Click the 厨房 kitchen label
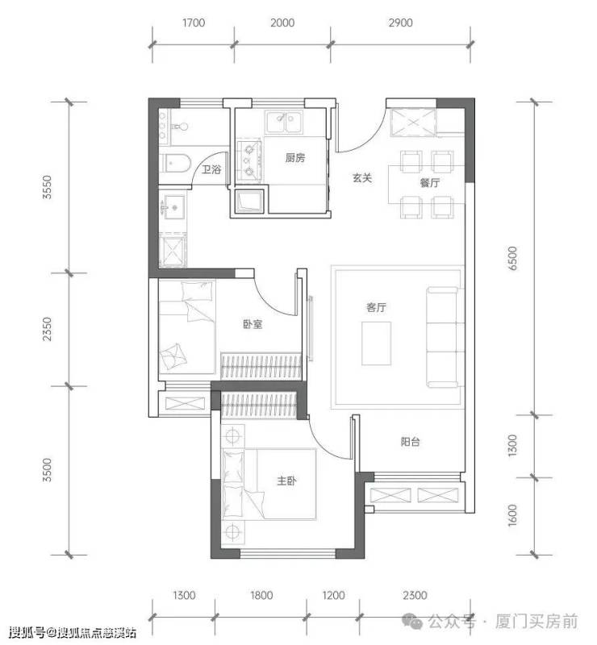point(295,157)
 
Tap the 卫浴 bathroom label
point(211,169)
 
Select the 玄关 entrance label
point(362,177)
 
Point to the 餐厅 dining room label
point(430,182)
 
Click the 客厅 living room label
point(376,307)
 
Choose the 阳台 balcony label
point(411,441)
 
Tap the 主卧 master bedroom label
point(286,480)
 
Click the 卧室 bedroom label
point(253,324)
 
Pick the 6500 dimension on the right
point(511,258)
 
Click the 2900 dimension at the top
point(400,23)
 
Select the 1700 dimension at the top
point(194,23)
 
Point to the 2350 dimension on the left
point(48,329)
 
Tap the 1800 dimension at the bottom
point(261,595)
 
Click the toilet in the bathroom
point(177,163)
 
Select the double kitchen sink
point(283,123)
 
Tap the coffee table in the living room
point(376,343)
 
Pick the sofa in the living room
point(442,337)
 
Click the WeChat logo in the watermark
point(412,622)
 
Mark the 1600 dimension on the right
point(511,515)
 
